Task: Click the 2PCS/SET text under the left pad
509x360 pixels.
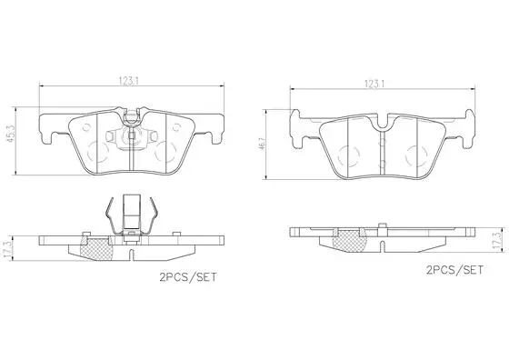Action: (x=188, y=273)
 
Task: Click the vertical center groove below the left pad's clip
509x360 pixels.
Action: (x=134, y=159)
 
